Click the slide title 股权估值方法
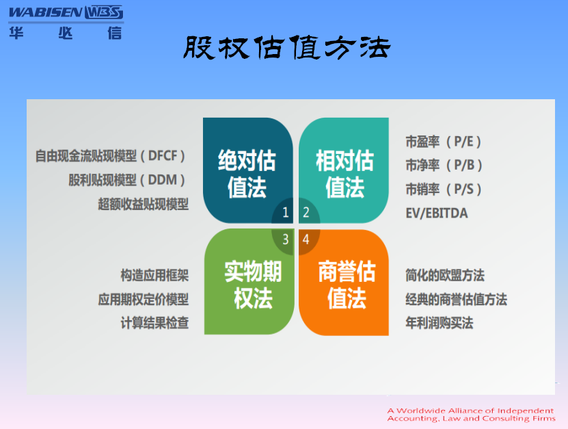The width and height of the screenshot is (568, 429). click(x=286, y=47)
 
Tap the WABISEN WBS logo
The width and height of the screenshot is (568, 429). click(x=66, y=22)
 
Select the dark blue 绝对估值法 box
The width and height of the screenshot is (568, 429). click(x=248, y=170)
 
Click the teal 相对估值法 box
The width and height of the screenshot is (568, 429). click(x=344, y=170)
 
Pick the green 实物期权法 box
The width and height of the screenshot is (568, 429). click(x=249, y=282)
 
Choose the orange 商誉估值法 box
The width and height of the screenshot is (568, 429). click(x=344, y=282)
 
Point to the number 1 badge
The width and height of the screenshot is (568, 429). click(x=286, y=213)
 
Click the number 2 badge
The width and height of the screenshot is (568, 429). click(x=306, y=213)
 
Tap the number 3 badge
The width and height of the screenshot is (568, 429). click(x=286, y=239)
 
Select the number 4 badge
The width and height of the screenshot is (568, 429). click(x=306, y=239)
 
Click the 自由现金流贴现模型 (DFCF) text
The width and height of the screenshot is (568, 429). click(x=110, y=156)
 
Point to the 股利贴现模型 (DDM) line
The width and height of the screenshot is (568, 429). click(x=126, y=180)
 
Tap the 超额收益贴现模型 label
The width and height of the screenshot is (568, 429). click(x=144, y=204)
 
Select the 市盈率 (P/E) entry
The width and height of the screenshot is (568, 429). click(x=444, y=142)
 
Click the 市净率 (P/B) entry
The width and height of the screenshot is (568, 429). click(x=444, y=166)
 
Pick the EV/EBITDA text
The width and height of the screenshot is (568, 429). click(x=437, y=213)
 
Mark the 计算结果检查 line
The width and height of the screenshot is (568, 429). click(x=154, y=323)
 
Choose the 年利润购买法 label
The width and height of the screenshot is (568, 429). click(x=439, y=323)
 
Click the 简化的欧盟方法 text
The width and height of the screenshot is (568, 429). click(x=445, y=275)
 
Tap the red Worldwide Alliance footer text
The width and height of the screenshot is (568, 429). click(x=471, y=415)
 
